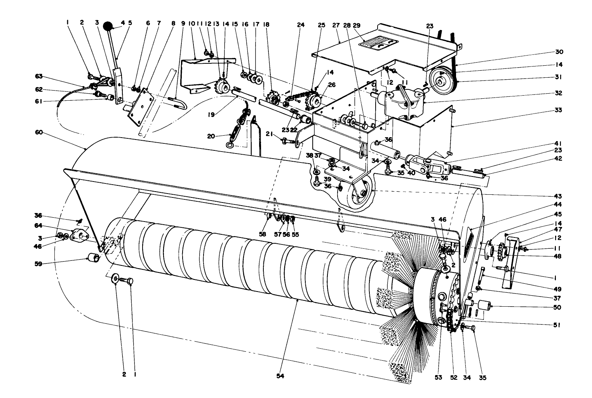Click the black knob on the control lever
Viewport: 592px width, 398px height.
[x=108, y=26]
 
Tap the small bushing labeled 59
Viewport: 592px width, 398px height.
[x=93, y=258]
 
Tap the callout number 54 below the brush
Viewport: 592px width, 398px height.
[x=280, y=377]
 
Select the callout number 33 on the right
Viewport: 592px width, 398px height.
[x=559, y=110]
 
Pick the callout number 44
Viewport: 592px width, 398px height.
[x=559, y=204]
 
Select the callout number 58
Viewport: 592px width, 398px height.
[x=263, y=234]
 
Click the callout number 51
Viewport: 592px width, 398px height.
[x=557, y=325]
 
